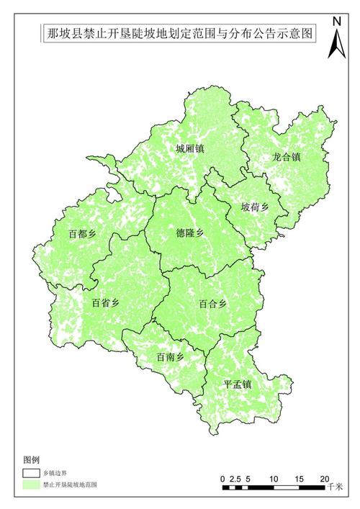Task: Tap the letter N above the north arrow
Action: coord(336,21)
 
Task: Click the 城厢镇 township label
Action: coord(190,149)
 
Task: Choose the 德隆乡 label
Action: coord(191,233)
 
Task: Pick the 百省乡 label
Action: coord(106,303)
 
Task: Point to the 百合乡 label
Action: coord(213,304)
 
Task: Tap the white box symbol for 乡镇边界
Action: coord(30,474)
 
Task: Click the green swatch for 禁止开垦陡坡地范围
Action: coord(30,486)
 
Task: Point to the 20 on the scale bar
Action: coord(324,478)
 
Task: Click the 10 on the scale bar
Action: coord(274,478)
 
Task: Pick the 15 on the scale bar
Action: coord(299,478)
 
